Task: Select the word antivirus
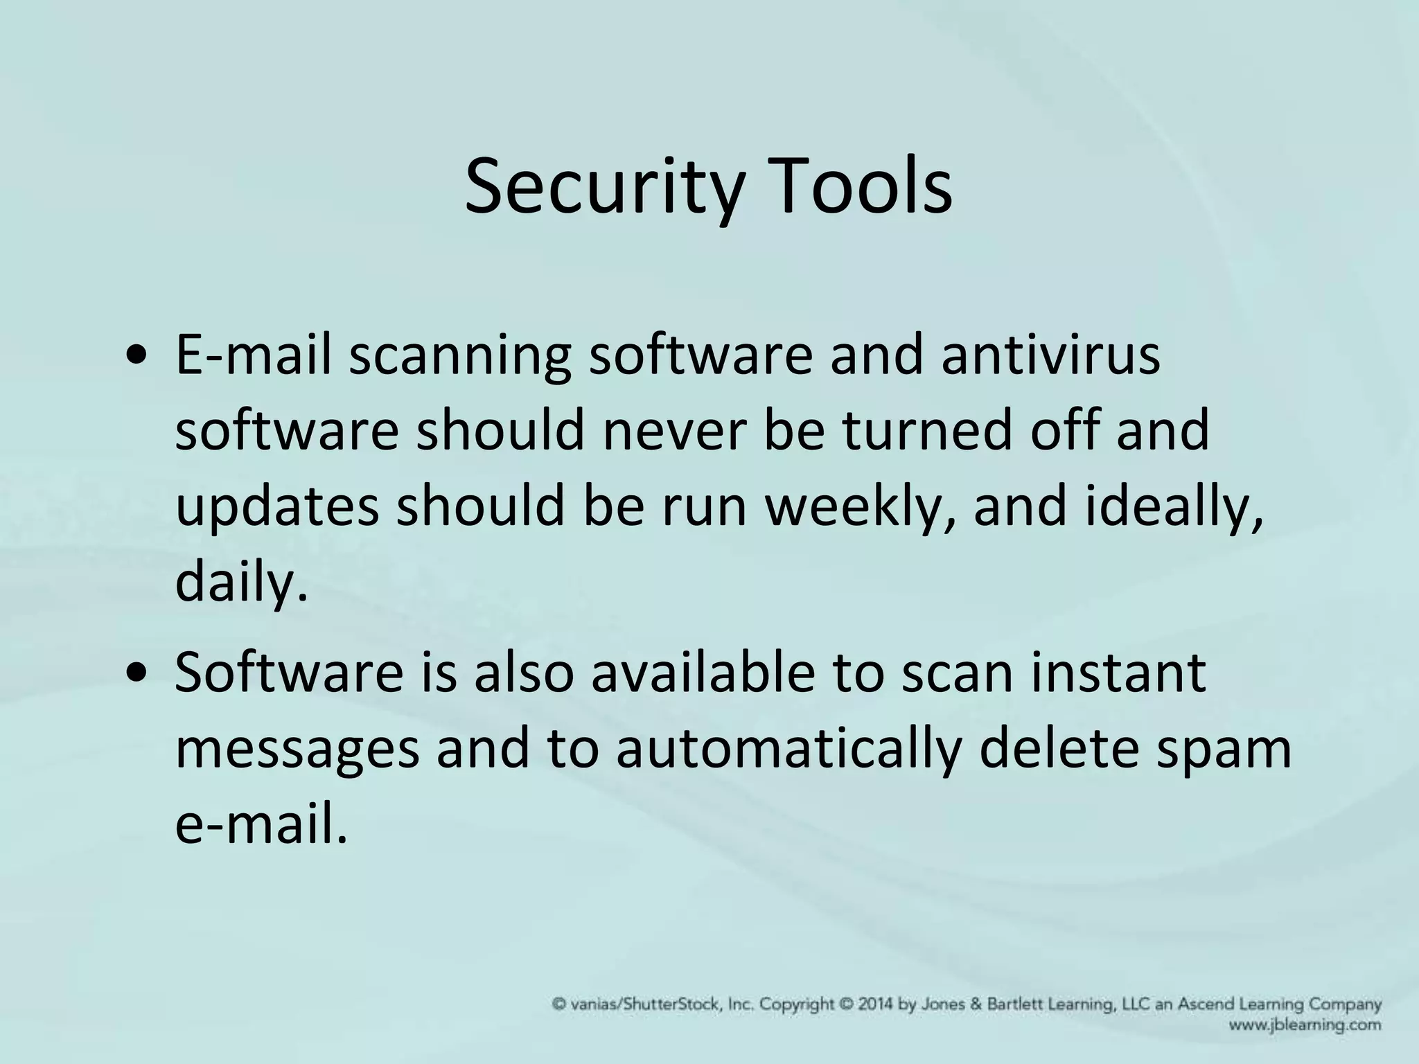1049,355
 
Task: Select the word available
703,673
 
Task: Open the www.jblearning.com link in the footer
1305,1025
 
